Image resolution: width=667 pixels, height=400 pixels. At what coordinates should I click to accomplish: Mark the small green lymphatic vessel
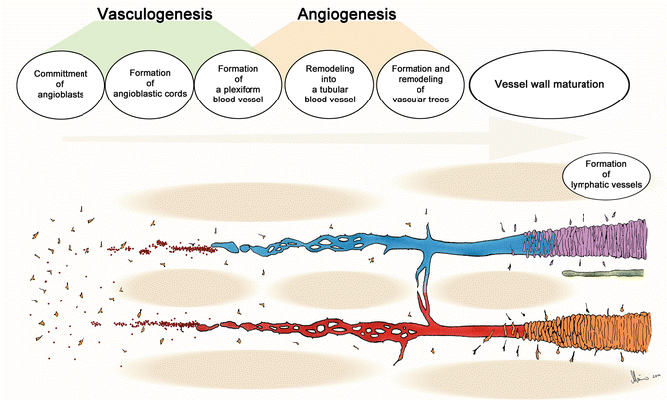coord(596,272)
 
